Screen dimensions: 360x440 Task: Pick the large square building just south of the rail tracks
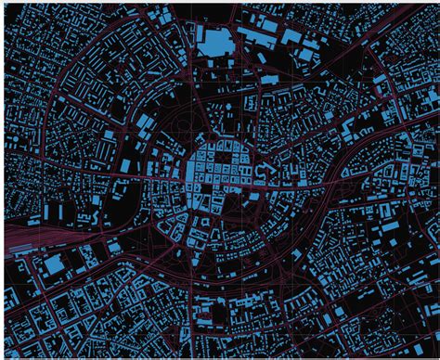coord(54,265)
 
